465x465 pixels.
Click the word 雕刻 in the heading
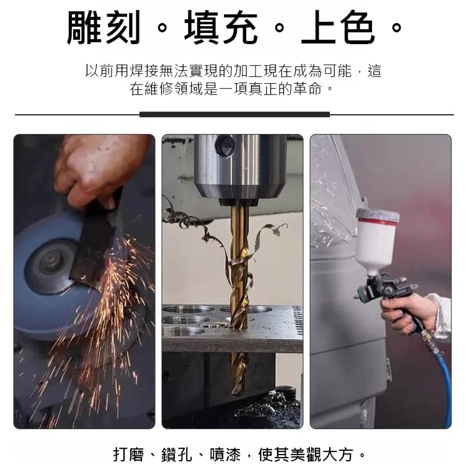tap(104, 27)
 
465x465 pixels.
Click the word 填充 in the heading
tap(221, 27)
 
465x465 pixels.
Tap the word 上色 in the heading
tap(338, 27)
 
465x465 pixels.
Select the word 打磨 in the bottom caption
tap(128, 454)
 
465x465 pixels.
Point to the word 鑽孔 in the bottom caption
tap(177, 454)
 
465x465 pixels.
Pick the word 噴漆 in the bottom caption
tap(226, 454)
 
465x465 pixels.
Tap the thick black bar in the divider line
tap(234, 115)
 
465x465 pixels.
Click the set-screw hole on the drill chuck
tap(226, 145)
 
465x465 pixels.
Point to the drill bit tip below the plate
tap(237, 391)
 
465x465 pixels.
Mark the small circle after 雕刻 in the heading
tap(162, 28)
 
